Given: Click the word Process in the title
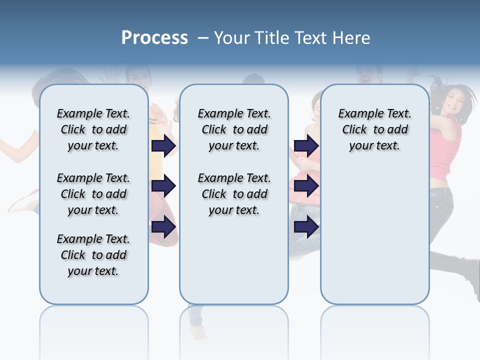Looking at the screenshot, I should click(x=154, y=38).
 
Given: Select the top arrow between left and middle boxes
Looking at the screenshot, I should click(x=163, y=145).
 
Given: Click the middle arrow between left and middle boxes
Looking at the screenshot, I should click(x=163, y=186).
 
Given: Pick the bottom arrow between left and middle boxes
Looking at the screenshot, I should click(x=163, y=227).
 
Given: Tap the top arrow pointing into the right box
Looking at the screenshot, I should click(x=306, y=145).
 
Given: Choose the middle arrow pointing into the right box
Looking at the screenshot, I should click(x=306, y=186).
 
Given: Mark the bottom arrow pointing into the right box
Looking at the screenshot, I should click(x=306, y=227).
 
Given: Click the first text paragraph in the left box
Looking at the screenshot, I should click(x=93, y=129).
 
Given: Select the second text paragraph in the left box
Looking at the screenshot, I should click(x=93, y=194).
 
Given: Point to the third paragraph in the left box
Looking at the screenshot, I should click(x=93, y=255).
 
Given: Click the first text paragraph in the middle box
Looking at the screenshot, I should click(x=234, y=129).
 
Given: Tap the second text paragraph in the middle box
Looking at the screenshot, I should click(x=234, y=194).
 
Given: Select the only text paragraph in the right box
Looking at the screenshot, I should click(x=374, y=129).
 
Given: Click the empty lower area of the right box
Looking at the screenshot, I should click(x=374, y=235).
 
